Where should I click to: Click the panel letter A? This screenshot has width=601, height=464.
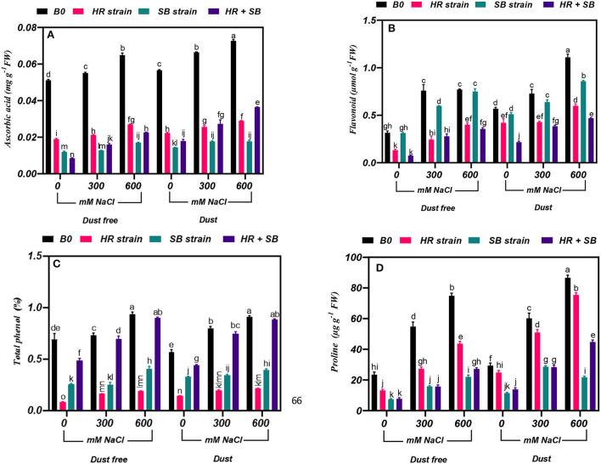[50, 35]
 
